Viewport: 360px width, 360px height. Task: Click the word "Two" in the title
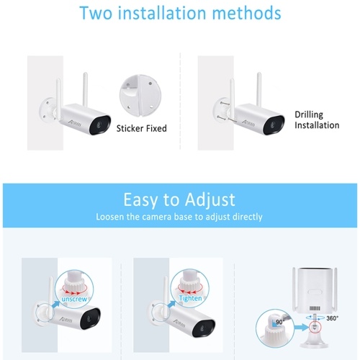96,13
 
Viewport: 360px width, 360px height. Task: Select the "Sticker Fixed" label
142,128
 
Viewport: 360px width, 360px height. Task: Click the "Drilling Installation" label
317,120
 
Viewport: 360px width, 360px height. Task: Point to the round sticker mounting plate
140,96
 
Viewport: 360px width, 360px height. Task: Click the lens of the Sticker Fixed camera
100,125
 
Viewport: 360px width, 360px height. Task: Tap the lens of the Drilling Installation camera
273,125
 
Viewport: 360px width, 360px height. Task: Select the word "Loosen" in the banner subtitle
110,217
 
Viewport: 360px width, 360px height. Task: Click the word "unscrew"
74,299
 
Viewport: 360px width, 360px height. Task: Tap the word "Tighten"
190,298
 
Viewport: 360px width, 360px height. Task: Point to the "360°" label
332,318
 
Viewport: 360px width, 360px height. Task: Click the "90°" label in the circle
280,322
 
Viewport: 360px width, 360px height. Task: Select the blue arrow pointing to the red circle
302,328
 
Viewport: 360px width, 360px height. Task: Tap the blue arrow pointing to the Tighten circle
171,305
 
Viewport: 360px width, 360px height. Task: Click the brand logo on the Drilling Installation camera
248,123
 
